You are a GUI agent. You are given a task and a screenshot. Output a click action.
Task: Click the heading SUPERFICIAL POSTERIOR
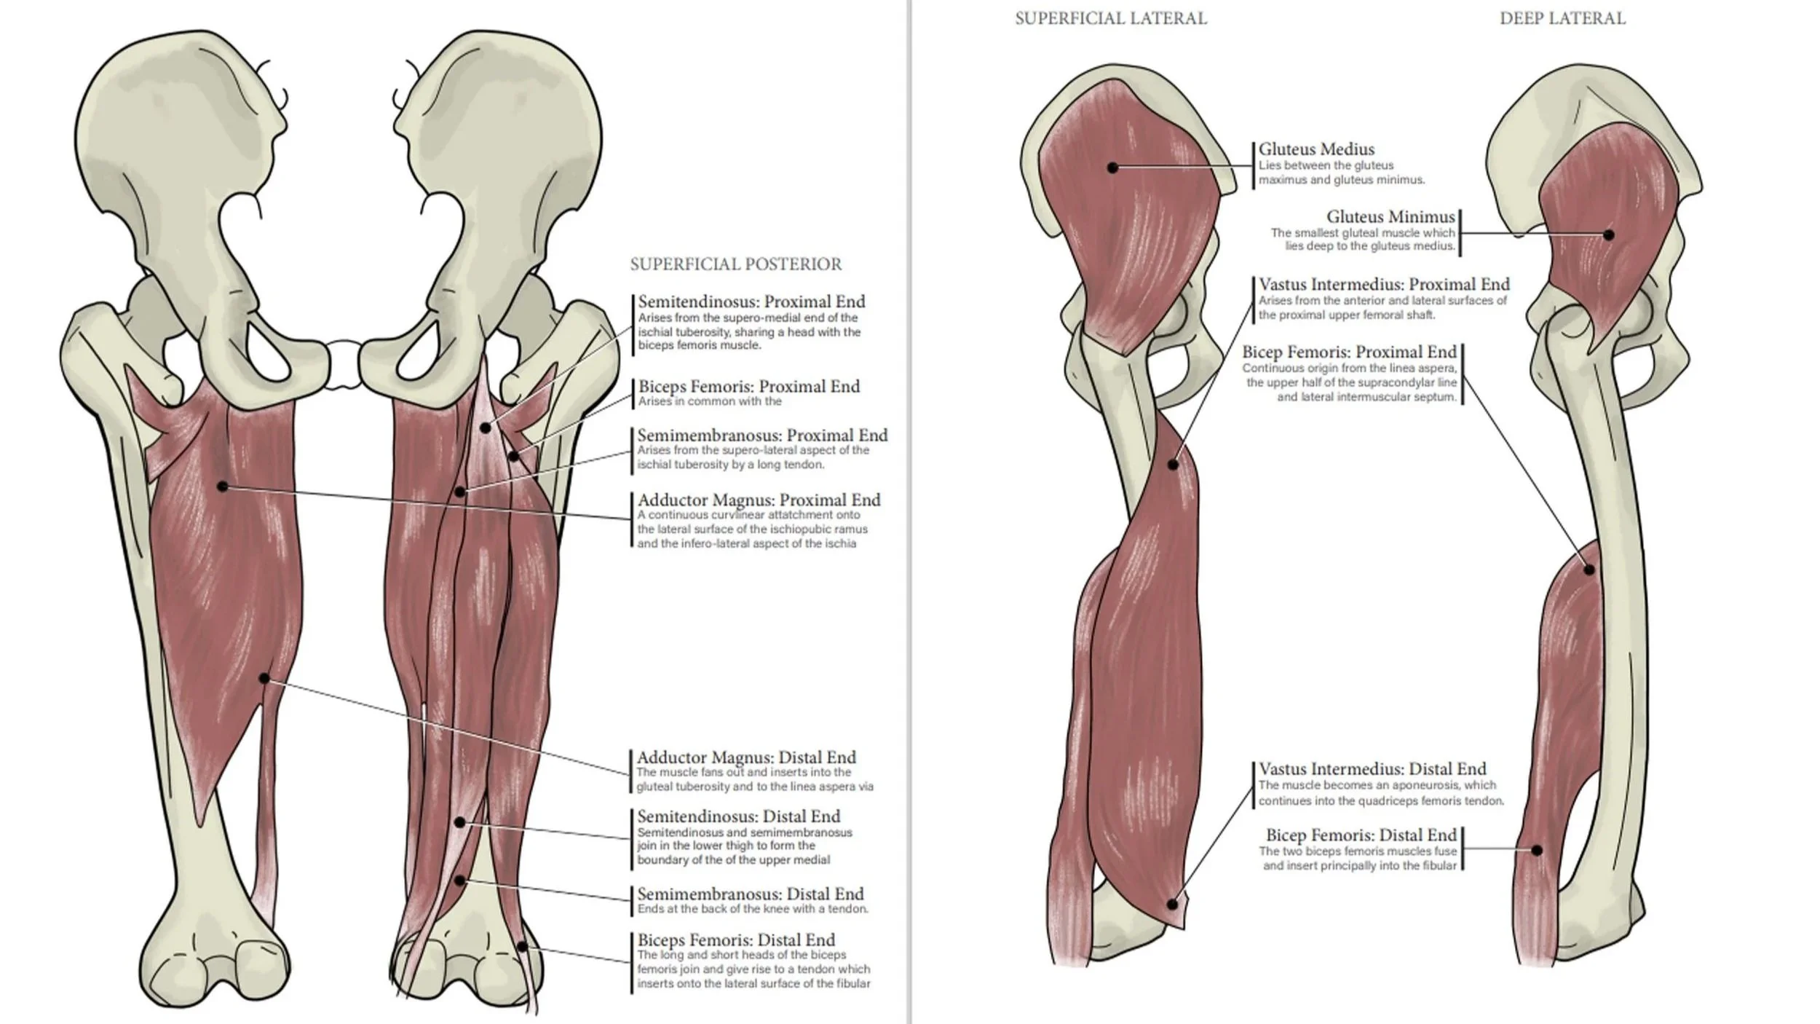click(x=735, y=264)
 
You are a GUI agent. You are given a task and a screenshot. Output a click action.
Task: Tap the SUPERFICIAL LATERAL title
click(x=1110, y=18)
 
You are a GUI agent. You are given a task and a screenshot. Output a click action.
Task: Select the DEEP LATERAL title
click(x=1562, y=18)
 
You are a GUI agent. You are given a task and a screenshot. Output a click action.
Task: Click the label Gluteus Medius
click(x=1316, y=149)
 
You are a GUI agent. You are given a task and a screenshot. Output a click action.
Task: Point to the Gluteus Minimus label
click(x=1390, y=216)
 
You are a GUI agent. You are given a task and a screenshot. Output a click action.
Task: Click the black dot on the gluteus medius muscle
click(x=1112, y=168)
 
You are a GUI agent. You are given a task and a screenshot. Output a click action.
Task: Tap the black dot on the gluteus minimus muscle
click(x=1609, y=235)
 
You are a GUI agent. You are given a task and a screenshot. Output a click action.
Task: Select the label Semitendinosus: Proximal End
click(x=751, y=302)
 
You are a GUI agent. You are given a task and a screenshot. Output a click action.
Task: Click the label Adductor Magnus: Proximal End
click(x=759, y=500)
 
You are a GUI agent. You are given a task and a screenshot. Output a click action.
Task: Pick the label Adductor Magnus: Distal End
click(x=746, y=757)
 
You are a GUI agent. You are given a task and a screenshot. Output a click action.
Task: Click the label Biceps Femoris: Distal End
click(x=736, y=940)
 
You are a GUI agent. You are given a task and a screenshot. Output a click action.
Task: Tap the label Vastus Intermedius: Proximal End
click(x=1384, y=284)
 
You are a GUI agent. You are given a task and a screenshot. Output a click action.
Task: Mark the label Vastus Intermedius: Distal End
click(x=1372, y=768)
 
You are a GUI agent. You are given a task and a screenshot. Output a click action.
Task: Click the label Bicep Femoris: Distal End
click(x=1361, y=835)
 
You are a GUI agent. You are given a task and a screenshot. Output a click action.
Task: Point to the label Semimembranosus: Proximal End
click(x=762, y=435)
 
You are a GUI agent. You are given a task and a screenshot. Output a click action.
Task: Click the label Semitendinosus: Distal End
click(x=738, y=816)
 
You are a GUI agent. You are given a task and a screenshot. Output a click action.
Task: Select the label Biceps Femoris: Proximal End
click(x=748, y=386)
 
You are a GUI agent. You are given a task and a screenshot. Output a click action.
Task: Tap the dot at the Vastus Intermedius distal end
click(x=1172, y=905)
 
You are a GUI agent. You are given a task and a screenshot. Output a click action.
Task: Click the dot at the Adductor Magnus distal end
click(x=264, y=679)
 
